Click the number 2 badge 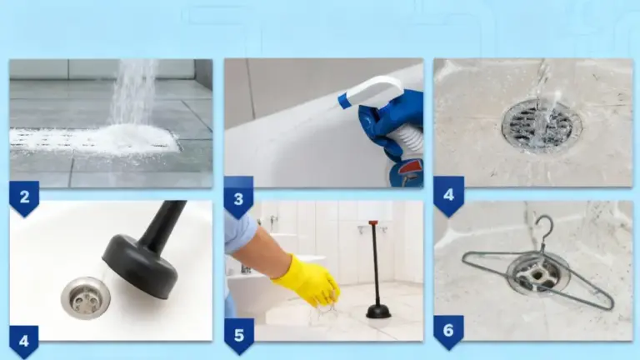(24, 198)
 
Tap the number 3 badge (239, 198)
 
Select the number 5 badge (239, 336)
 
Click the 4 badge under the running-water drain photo (448, 196)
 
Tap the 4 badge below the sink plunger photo (24, 341)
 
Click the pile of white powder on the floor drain (135, 139)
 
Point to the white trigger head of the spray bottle (369, 92)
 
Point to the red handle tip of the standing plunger (373, 222)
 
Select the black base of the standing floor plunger (378, 312)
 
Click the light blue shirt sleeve (240, 231)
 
